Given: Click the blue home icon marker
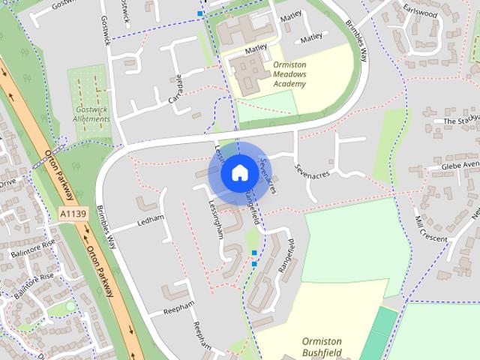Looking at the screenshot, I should point(238,172).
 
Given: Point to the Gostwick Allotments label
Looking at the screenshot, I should point(92,114).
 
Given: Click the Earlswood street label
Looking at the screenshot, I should point(420,12).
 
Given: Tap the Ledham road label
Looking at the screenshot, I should point(150,223).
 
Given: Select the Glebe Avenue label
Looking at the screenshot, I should point(459,165).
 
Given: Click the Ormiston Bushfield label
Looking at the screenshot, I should point(327,346).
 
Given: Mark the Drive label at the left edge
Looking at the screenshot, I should point(7,182).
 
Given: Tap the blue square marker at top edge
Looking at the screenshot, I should point(200,13).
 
